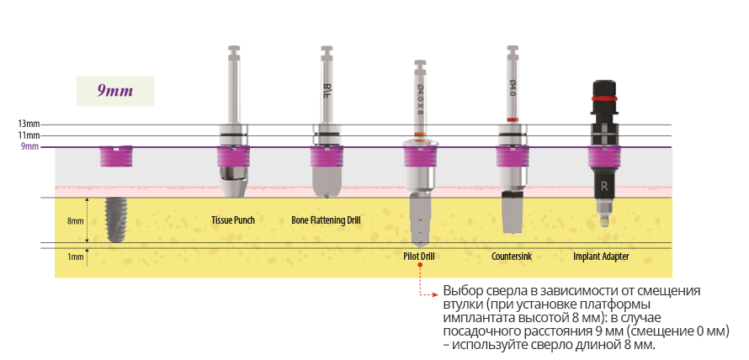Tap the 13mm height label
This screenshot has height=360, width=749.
pos(29,124)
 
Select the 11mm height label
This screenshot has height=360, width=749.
pos(29,135)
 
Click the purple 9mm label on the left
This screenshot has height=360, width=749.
pos(29,146)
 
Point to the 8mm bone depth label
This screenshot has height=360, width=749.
pos(75,220)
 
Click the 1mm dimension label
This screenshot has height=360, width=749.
pos(75,256)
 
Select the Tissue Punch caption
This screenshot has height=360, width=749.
pos(232,220)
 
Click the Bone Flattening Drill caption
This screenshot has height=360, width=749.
pos(326,220)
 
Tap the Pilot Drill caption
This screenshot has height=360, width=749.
pos(419,256)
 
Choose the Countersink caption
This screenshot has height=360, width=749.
pos(512,256)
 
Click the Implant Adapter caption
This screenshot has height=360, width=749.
pos(601,256)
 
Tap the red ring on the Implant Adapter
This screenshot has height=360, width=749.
pos(602,98)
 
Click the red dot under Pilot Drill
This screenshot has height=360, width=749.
pos(419,267)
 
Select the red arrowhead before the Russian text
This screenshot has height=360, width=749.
pos(436,294)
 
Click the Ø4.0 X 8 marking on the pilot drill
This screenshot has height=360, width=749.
pos(420,99)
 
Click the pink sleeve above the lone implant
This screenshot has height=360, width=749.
pos(116,156)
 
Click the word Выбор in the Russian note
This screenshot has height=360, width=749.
pos(461,290)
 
